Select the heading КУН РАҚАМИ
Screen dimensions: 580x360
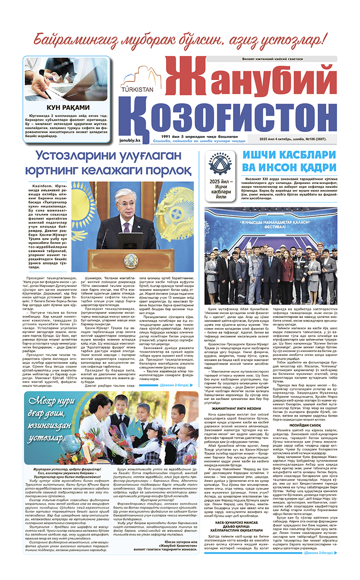tap(68, 108)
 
